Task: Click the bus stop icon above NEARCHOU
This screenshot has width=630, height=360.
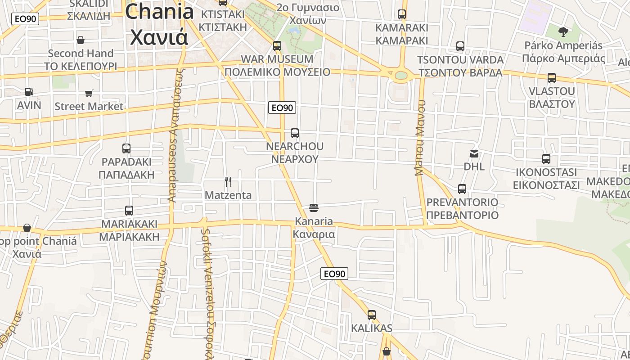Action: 295,133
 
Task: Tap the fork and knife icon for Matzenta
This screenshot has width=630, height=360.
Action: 228,182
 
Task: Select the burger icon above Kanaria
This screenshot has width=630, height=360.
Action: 314,207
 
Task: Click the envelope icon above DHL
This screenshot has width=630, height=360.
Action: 474,154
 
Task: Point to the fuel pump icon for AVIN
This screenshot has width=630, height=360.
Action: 29,92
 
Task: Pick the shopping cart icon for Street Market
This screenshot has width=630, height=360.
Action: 89,94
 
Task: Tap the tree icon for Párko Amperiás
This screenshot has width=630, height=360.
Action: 563,31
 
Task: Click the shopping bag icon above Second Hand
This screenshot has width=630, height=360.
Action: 81,40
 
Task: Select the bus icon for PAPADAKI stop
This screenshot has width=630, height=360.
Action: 126,148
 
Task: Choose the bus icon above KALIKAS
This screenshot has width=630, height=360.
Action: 372,315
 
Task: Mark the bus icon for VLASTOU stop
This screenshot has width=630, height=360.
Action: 552,78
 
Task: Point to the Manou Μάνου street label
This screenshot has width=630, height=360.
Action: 420,138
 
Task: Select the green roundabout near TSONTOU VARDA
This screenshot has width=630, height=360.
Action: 400,75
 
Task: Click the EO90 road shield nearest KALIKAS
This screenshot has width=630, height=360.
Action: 334,274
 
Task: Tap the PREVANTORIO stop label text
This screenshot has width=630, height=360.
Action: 462,208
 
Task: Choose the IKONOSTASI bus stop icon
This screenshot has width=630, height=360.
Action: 546,159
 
